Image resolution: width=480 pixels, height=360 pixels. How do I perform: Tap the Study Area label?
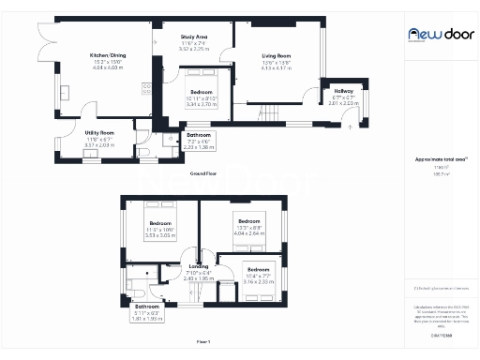[x=194, y=37]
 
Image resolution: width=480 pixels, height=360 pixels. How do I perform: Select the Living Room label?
[x=276, y=56]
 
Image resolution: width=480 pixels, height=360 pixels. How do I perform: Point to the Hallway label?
[x=342, y=91]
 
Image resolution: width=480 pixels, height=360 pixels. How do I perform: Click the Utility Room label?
[x=98, y=134]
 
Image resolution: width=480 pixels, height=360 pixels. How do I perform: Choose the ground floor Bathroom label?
[x=198, y=135]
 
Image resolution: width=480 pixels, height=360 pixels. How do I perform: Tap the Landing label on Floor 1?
[x=198, y=266]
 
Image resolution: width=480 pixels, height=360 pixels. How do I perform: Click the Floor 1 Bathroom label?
[x=147, y=307]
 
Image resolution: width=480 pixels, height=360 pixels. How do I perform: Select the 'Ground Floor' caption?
[x=204, y=174]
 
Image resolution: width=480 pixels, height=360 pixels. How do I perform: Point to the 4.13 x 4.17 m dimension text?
[x=276, y=68]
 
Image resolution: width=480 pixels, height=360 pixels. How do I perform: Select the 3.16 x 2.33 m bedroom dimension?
[x=257, y=280]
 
